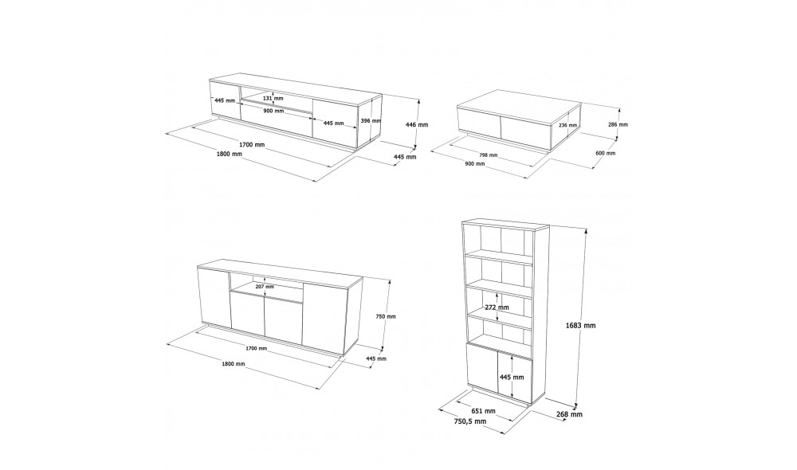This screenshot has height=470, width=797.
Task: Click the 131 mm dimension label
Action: (273, 99)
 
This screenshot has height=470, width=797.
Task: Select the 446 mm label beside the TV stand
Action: (417, 125)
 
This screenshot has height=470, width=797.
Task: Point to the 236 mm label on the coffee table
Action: (568, 126)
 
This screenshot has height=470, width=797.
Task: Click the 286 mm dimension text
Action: (618, 125)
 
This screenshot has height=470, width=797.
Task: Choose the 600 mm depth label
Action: (606, 153)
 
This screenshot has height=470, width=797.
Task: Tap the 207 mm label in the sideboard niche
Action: (264, 286)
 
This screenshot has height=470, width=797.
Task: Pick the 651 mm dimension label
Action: (484, 410)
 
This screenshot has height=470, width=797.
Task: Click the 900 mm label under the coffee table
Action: (474, 163)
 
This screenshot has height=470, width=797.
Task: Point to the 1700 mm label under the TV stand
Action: (253, 144)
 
